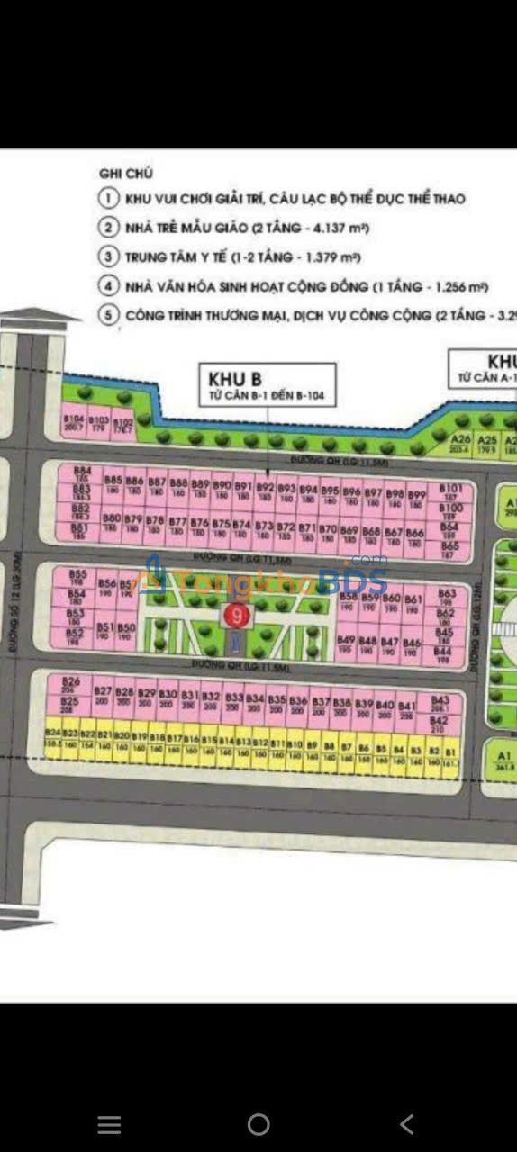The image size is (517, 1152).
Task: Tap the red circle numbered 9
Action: click(236, 616)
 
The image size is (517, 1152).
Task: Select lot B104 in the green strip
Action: click(74, 422)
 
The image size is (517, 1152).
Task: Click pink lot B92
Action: click(265, 490)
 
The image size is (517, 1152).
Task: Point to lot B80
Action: click(112, 523)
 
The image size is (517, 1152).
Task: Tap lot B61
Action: click(413, 602)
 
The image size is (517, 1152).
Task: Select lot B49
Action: click(346, 643)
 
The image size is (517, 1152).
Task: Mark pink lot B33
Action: click(234, 701)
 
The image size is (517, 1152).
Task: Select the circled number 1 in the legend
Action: click(109, 198)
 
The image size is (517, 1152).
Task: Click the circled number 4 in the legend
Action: click(109, 287)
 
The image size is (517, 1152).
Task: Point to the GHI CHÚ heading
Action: click(126, 173)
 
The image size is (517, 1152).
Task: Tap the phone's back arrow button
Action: click(407, 1123)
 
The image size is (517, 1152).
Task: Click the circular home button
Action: click(258, 1123)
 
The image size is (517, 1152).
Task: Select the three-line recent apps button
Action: click(109, 1123)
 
